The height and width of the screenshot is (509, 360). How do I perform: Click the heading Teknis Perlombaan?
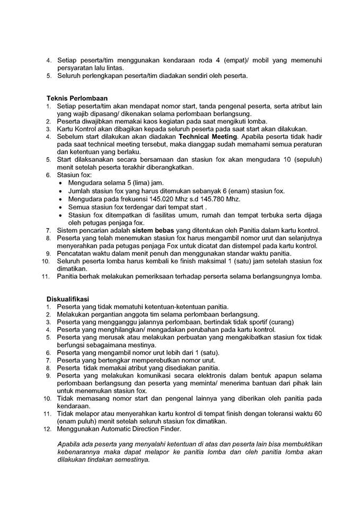point(77,98)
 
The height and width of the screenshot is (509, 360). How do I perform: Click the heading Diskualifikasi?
point(67,299)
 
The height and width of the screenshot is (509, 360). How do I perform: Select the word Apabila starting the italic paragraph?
point(69,444)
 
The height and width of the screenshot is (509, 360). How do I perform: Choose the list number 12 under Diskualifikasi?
point(47,428)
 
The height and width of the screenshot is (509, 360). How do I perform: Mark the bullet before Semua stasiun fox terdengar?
point(62,207)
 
